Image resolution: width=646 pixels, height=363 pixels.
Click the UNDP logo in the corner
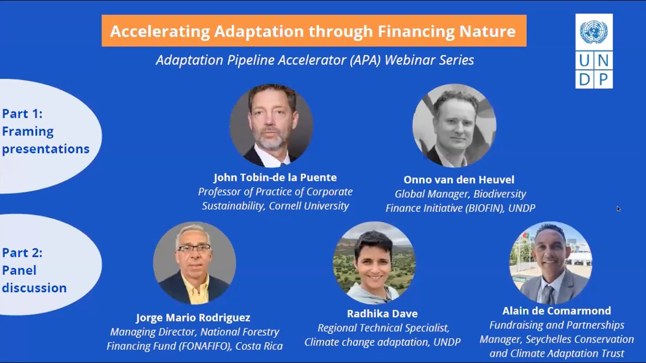(x=594, y=51)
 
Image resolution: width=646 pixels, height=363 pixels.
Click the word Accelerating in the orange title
(x=159, y=31)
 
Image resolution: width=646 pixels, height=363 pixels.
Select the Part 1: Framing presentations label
(x=45, y=132)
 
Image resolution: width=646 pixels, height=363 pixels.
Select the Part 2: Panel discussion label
(x=34, y=270)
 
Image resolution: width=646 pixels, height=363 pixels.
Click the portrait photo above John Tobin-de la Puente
(x=272, y=126)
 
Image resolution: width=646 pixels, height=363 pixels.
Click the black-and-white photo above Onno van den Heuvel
(x=454, y=126)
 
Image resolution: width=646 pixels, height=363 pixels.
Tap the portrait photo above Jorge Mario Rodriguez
(x=194, y=263)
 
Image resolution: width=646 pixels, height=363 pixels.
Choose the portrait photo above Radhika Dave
(x=374, y=263)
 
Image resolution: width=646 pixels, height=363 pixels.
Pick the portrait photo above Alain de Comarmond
(x=551, y=263)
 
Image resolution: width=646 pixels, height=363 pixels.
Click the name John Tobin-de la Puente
(x=275, y=177)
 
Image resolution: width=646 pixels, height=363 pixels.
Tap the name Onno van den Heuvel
(x=459, y=179)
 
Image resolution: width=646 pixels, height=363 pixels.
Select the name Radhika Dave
(x=382, y=314)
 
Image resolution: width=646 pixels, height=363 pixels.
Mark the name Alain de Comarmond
(x=556, y=311)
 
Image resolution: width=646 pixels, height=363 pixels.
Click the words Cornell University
(x=309, y=206)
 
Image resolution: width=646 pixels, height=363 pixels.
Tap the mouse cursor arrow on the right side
(x=618, y=208)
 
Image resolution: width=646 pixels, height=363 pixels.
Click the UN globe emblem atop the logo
(x=594, y=32)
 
